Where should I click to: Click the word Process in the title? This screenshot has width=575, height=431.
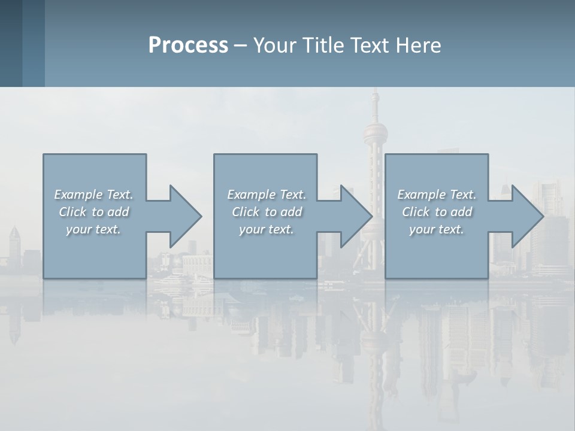point(188,45)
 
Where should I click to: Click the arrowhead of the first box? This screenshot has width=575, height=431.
point(186,216)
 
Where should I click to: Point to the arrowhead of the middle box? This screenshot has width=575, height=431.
point(356,216)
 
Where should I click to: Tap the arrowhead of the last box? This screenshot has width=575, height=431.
point(528,216)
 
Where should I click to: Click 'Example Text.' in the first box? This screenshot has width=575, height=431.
point(93,195)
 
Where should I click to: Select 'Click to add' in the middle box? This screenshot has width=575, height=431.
point(267,212)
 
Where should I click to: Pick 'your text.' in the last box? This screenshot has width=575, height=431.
point(436,229)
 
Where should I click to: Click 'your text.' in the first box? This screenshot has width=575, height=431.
point(93,229)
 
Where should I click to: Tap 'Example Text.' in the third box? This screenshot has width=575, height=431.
point(436,195)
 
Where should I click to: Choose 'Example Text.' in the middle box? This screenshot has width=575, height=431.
point(267,195)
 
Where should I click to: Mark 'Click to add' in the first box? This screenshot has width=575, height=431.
point(93,212)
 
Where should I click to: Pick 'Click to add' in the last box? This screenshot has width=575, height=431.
point(437,212)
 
